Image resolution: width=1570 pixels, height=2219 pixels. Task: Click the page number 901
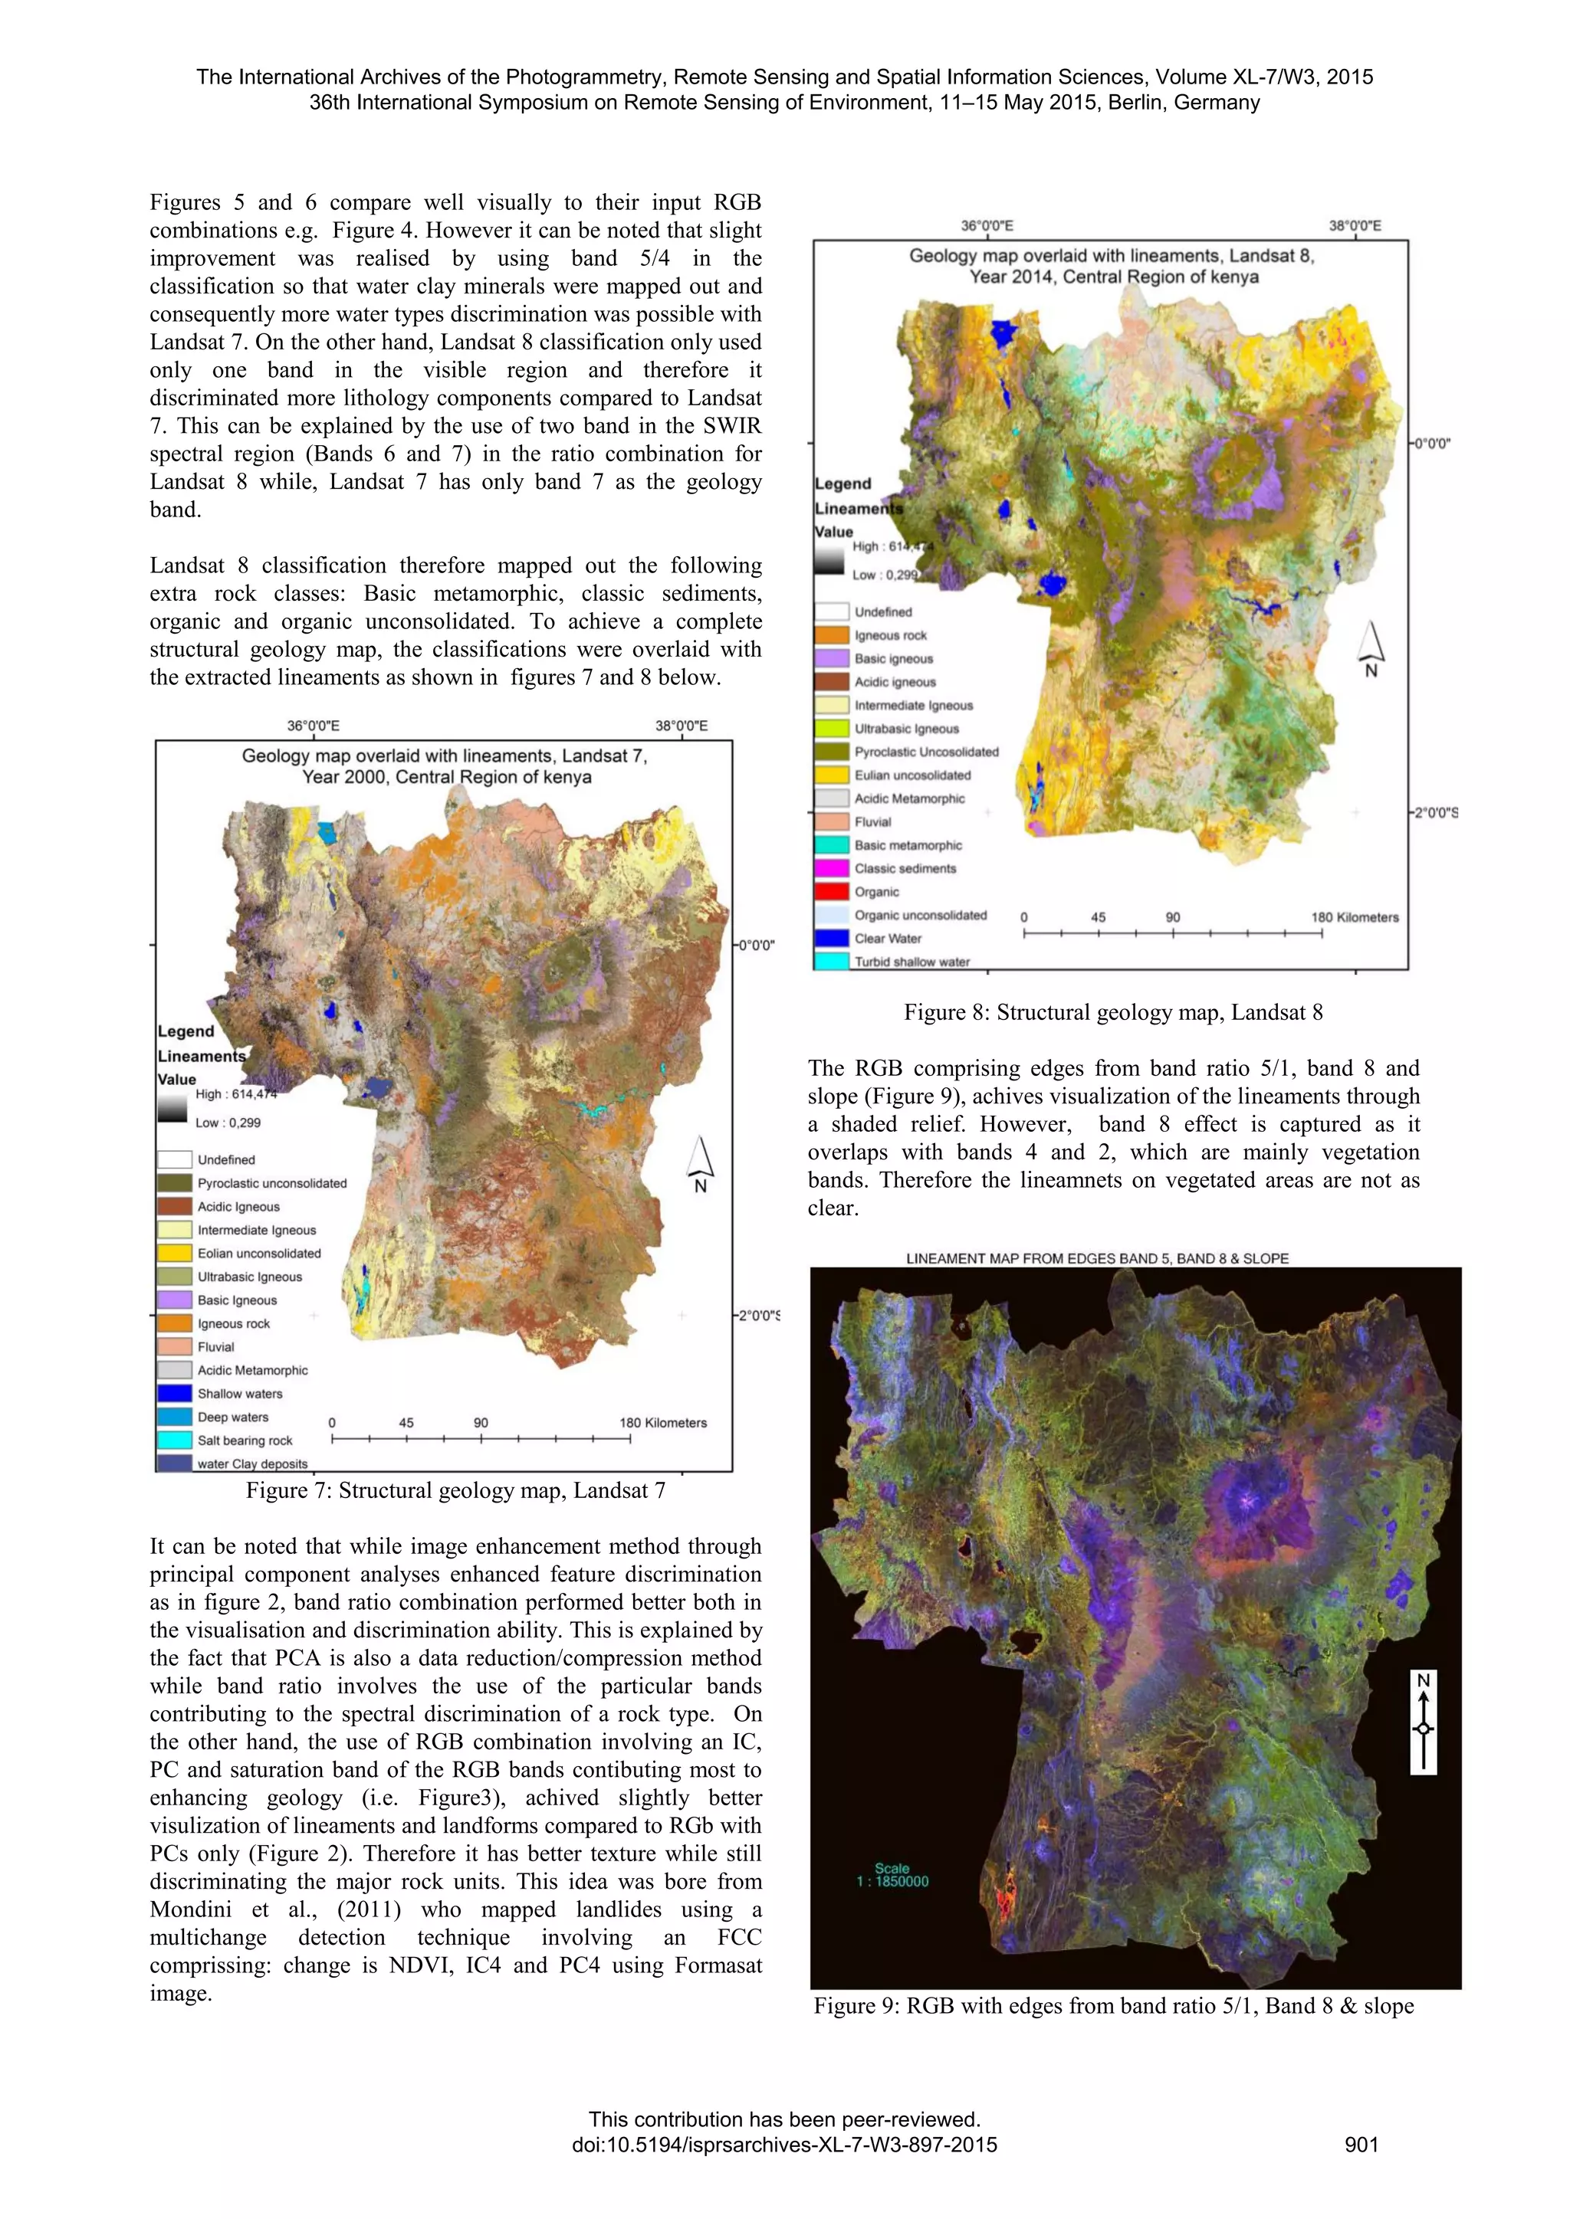click(1361, 2145)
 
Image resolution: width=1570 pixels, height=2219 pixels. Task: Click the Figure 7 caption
click(455, 1490)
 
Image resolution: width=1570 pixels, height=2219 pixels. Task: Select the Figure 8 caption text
click(1113, 1012)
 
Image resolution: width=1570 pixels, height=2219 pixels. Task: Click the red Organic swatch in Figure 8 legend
click(832, 892)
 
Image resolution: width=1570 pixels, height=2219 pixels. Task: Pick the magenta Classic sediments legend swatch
click(832, 869)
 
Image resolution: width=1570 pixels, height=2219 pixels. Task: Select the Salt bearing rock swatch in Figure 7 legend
click(174, 1440)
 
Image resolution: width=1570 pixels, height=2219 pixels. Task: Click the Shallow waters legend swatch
click(174, 1394)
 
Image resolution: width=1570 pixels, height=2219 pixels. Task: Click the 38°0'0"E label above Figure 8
click(1355, 225)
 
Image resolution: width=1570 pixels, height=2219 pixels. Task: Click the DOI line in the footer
click(784, 2145)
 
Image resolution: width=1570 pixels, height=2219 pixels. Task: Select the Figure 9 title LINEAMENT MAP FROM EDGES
click(1097, 1258)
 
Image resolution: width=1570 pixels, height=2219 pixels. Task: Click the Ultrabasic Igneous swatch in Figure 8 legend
click(832, 729)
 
